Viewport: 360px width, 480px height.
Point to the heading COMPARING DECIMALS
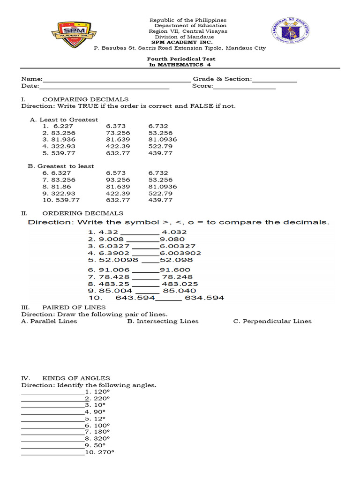point(85,99)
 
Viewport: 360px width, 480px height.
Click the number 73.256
point(118,133)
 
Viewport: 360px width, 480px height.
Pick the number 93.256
point(118,180)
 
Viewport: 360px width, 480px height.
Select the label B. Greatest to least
point(61,166)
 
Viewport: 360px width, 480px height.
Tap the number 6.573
point(116,173)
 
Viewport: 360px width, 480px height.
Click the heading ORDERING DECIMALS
point(83,213)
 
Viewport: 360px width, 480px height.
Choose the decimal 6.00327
point(178,246)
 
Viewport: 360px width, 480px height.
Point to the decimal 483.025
point(180,284)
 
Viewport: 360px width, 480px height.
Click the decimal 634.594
point(204,298)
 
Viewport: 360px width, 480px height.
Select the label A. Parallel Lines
point(49,321)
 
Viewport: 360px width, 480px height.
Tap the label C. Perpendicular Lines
point(272,321)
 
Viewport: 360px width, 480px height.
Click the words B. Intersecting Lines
point(163,321)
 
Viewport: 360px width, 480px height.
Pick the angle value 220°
point(97,398)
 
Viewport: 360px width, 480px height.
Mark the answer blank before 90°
point(52,412)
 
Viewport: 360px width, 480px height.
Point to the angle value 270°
point(99,452)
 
